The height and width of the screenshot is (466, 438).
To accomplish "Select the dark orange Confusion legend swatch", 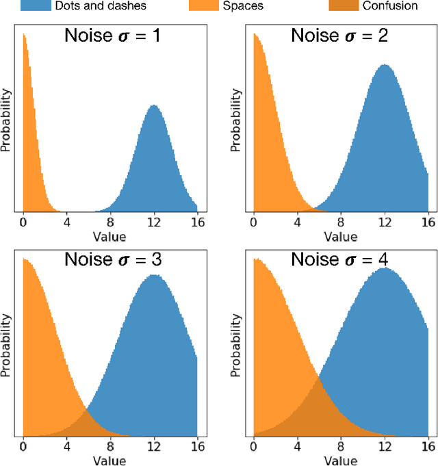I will pyautogui.click(x=354, y=6).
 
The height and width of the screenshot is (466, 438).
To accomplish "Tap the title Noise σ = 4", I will pyautogui.click(x=340, y=259).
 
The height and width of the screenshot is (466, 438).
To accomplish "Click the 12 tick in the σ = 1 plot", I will pyautogui.click(x=154, y=222).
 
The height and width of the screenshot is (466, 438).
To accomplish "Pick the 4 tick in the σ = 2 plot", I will pyautogui.click(x=297, y=222).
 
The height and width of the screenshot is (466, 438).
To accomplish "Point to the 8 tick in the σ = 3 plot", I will pyautogui.click(x=111, y=446).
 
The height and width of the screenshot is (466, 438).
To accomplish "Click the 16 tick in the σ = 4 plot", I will pyautogui.click(x=428, y=446).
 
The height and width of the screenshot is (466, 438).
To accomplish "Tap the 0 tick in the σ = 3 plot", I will pyautogui.click(x=23, y=446).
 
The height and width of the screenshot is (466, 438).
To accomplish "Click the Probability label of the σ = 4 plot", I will pyautogui.click(x=236, y=346).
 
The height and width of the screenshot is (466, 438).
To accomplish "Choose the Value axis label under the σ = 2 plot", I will pyautogui.click(x=340, y=236).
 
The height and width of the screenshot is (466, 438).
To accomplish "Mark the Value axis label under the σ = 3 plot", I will pyautogui.click(x=110, y=460).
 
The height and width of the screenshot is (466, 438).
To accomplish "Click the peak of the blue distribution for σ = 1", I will pyautogui.click(x=154, y=107).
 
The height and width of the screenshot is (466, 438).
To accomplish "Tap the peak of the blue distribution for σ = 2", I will pyautogui.click(x=385, y=66).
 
